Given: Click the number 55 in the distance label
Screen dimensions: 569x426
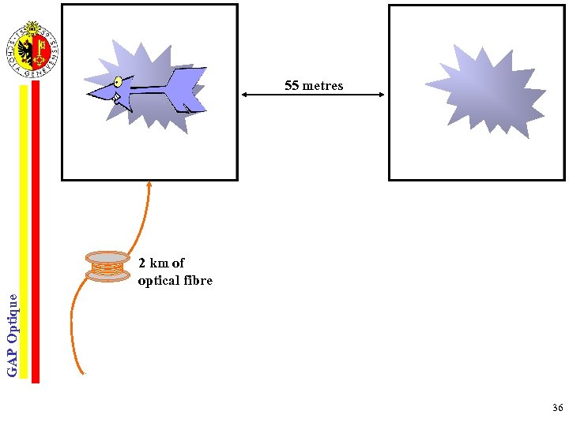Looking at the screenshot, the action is [292, 85].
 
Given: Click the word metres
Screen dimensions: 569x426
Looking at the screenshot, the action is [322, 85].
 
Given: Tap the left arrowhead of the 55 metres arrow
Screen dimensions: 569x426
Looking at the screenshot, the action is [244, 95].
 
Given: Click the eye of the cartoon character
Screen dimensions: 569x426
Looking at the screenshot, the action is [118, 81].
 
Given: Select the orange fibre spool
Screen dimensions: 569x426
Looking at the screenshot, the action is [107, 267].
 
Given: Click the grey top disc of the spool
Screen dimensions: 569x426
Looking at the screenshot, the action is [107, 257].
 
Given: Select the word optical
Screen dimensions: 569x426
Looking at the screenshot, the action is [158, 280].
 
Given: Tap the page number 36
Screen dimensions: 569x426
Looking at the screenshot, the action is [558, 408].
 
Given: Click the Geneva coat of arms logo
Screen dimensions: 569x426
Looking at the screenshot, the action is [32, 49].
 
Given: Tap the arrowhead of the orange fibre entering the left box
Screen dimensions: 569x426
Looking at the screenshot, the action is [149, 185].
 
